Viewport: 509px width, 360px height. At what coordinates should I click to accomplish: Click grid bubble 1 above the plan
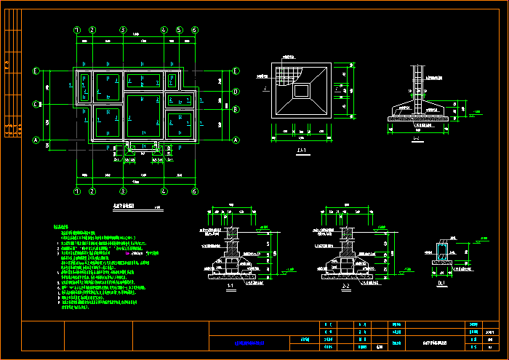[77, 30]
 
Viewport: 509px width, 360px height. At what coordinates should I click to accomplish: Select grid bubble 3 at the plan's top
[124, 30]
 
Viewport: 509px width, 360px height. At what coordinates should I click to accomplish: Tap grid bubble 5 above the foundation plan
[178, 30]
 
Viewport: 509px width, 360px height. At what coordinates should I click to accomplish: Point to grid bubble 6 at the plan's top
[195, 30]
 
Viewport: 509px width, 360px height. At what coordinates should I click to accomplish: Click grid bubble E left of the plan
[35, 71]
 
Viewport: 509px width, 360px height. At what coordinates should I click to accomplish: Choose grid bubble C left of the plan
[35, 104]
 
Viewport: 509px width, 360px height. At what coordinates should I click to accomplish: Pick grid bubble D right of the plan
[236, 91]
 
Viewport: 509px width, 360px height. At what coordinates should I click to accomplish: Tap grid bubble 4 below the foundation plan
[164, 191]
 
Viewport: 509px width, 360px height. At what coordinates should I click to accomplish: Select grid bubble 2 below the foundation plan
[92, 191]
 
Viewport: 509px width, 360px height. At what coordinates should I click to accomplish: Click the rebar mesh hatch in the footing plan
[289, 74]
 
